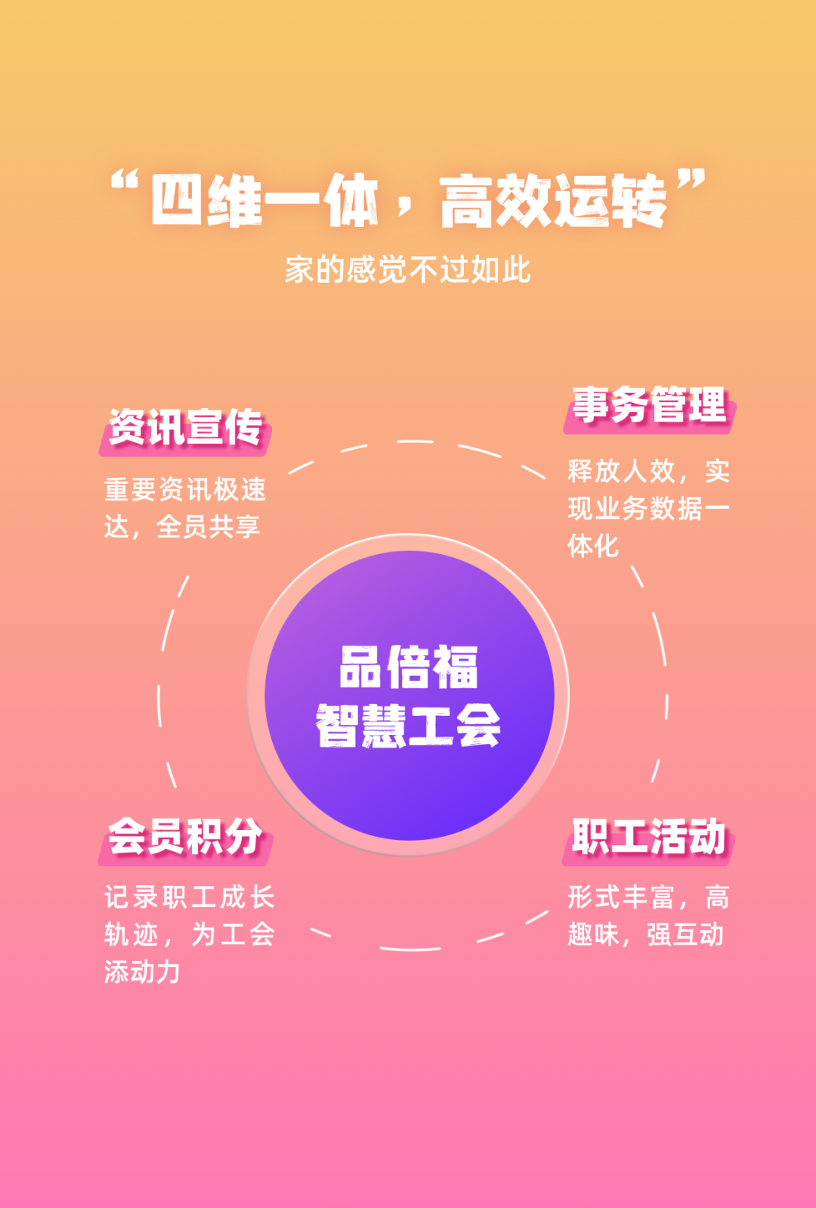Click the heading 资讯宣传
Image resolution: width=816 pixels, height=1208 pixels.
(185, 428)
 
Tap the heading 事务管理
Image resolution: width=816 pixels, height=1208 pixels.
(649, 405)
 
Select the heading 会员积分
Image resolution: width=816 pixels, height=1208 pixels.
(185, 837)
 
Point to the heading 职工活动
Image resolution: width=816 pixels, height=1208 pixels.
(648, 837)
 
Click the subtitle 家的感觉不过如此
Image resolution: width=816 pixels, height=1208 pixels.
(408, 270)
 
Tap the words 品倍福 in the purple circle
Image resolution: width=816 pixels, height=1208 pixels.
(408, 667)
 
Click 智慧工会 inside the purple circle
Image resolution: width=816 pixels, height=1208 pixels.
(408, 726)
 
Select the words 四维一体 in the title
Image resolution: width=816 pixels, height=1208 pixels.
(264, 200)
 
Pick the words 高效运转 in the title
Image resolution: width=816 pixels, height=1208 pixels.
(553, 200)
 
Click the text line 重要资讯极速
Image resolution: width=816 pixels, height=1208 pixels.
(185, 490)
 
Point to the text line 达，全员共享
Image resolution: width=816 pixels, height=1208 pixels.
(182, 527)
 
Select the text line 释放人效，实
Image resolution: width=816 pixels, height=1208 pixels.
(648, 471)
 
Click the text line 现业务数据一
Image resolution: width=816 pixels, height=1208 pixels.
(648, 508)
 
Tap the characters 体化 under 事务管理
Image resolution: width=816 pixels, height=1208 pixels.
(593, 545)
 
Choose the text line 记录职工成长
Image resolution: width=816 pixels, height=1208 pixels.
(190, 897)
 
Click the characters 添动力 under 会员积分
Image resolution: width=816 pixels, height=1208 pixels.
(142, 971)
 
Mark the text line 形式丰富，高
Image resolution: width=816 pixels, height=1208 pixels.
(648, 897)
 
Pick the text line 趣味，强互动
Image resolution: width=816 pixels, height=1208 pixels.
(646, 934)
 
